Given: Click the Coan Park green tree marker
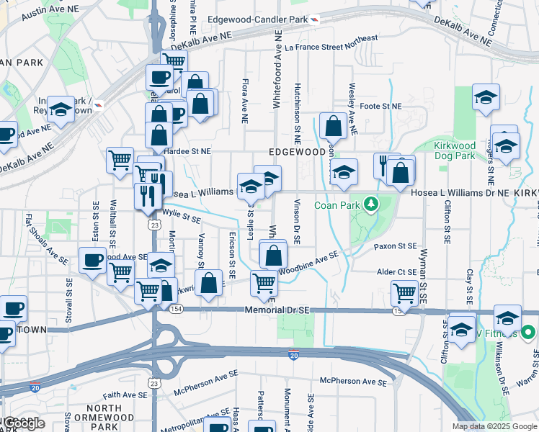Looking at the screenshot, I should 371,204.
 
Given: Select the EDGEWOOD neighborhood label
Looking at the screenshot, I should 298,152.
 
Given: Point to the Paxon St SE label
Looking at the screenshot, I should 395,246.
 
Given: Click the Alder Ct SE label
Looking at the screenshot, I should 397,272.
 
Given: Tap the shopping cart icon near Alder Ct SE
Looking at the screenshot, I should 405,292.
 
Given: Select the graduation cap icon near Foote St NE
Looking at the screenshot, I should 486,96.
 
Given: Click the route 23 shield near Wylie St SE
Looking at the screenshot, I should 154,225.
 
